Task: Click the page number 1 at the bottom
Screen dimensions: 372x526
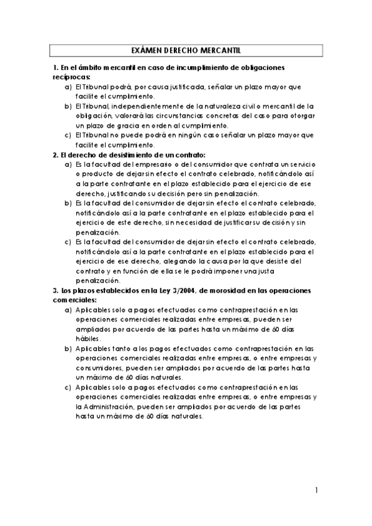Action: click(x=316, y=491)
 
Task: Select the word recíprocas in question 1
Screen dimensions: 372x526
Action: click(x=72, y=77)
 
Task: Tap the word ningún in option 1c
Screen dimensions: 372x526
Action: click(x=180, y=135)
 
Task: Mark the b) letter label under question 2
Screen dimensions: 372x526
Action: click(x=68, y=203)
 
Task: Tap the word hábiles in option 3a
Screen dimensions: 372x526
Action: click(x=87, y=339)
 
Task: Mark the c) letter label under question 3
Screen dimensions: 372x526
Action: click(x=68, y=387)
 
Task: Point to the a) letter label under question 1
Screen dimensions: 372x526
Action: click(x=68, y=87)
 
